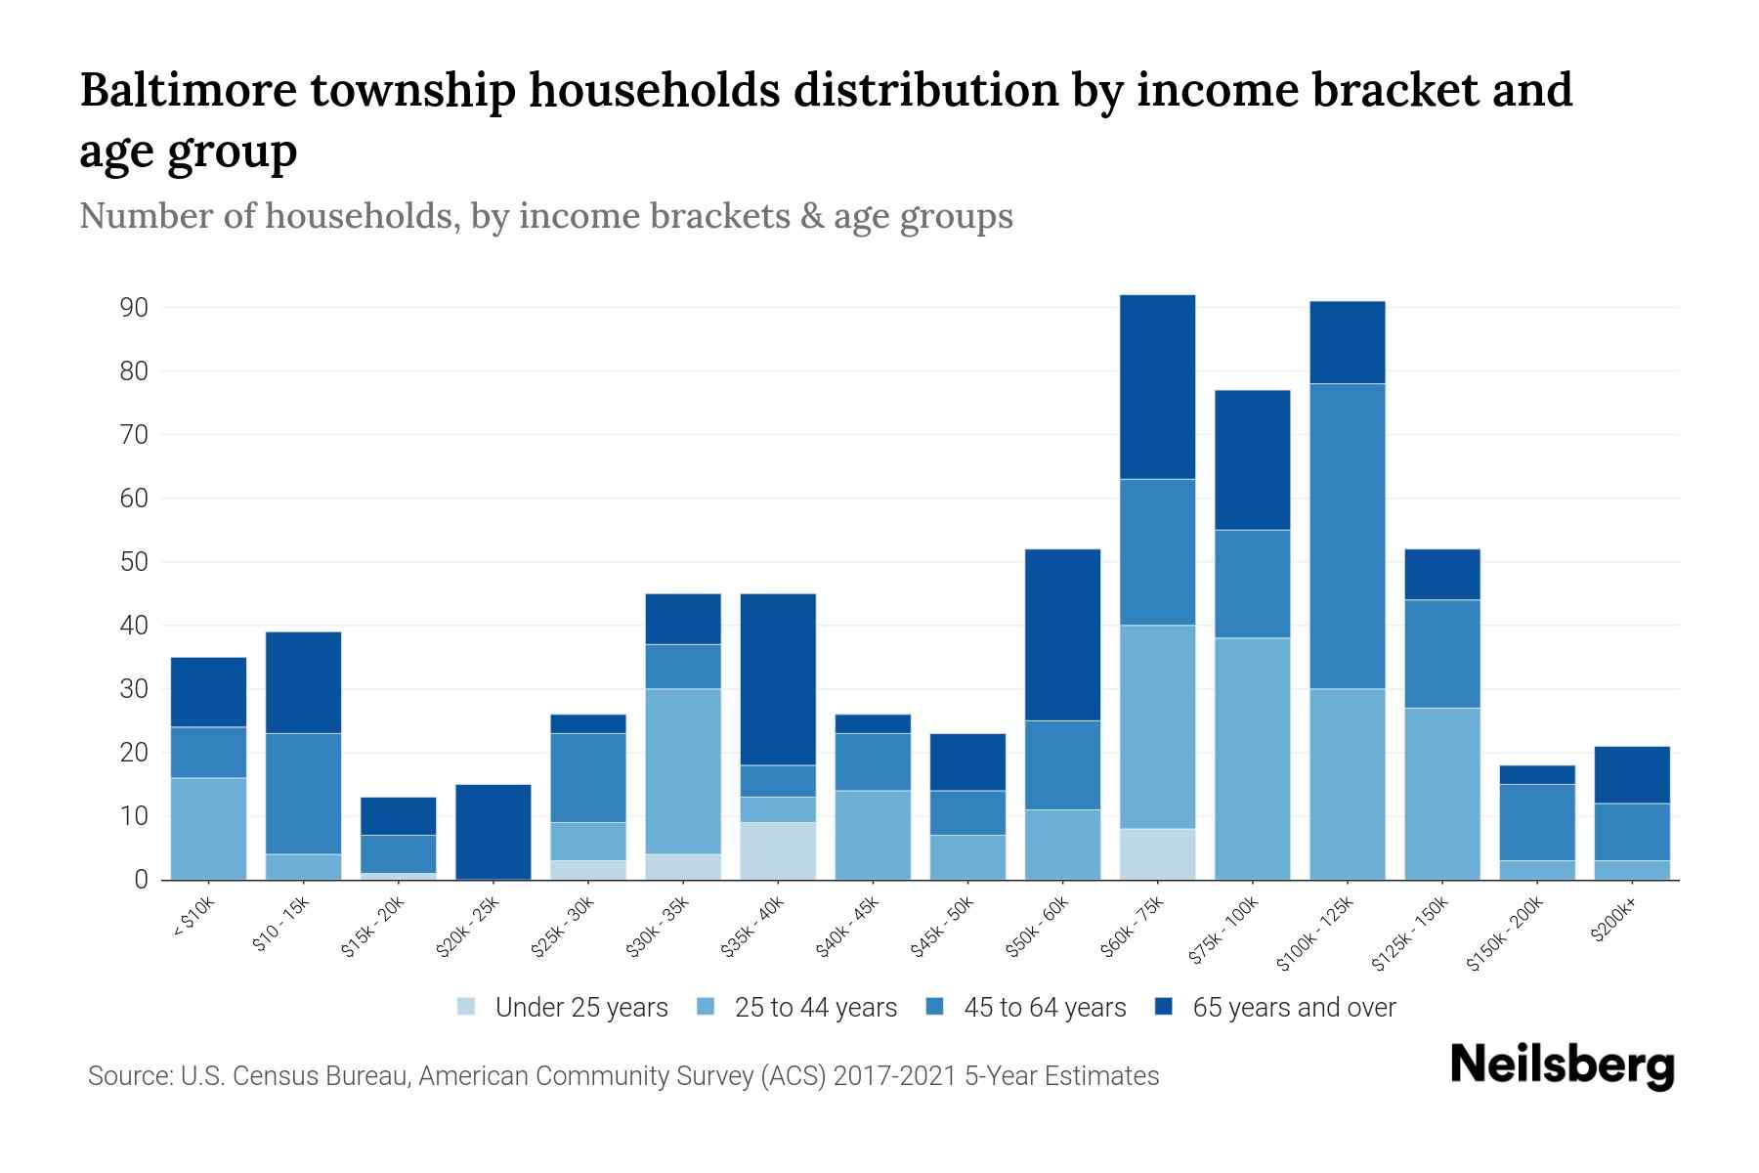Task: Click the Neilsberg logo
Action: tap(1562, 1065)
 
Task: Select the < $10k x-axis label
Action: tap(194, 918)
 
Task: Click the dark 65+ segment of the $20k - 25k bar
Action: tap(493, 831)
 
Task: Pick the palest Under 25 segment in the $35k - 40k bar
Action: tap(778, 850)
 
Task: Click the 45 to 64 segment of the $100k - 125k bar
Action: tap(1348, 536)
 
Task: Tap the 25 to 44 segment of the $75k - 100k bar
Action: tap(1253, 759)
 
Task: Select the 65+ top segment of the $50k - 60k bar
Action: tap(1062, 634)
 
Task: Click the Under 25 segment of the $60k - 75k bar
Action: tap(1158, 853)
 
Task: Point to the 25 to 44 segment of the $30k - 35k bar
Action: tap(683, 771)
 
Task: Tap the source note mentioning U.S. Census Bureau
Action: tap(622, 1076)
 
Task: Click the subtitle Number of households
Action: tap(545, 216)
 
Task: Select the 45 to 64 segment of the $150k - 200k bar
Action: tap(1537, 822)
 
